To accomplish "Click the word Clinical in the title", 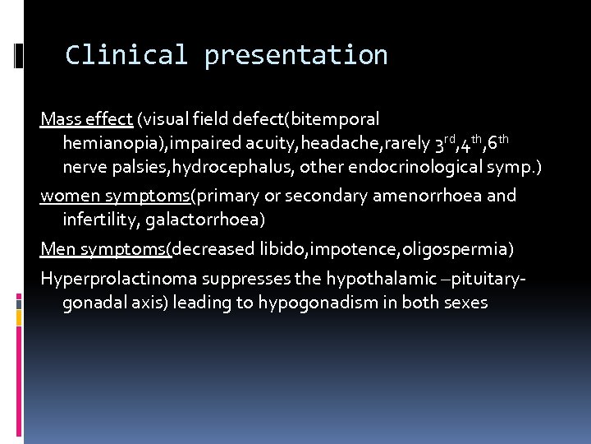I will coord(126,55).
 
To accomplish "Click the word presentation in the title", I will coord(296,55).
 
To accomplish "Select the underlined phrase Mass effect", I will coord(86,120).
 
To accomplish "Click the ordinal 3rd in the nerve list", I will coord(444,144).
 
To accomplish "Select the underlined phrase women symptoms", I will coord(116,196).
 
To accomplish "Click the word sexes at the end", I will coord(465,303).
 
